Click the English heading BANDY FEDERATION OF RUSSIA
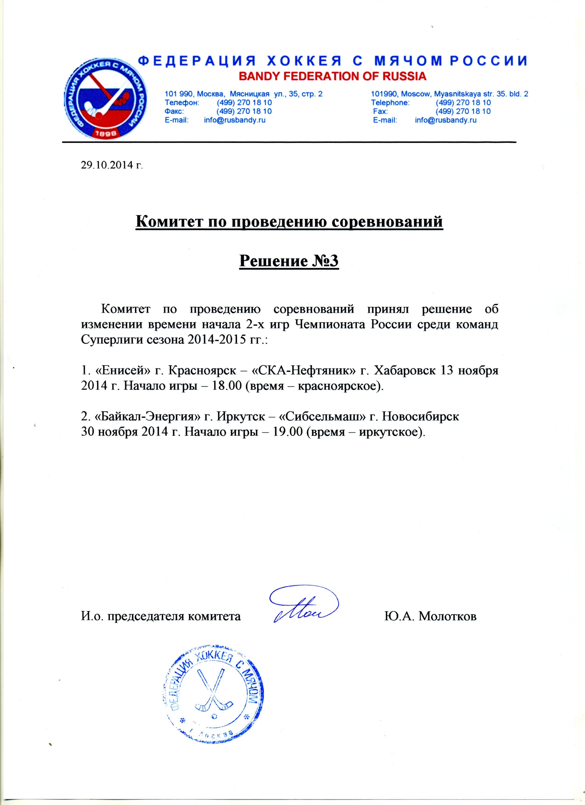click(x=332, y=76)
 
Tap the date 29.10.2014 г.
click(x=112, y=165)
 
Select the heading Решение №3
click(x=289, y=261)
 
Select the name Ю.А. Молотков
click(x=430, y=616)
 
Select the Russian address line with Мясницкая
click(x=243, y=94)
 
